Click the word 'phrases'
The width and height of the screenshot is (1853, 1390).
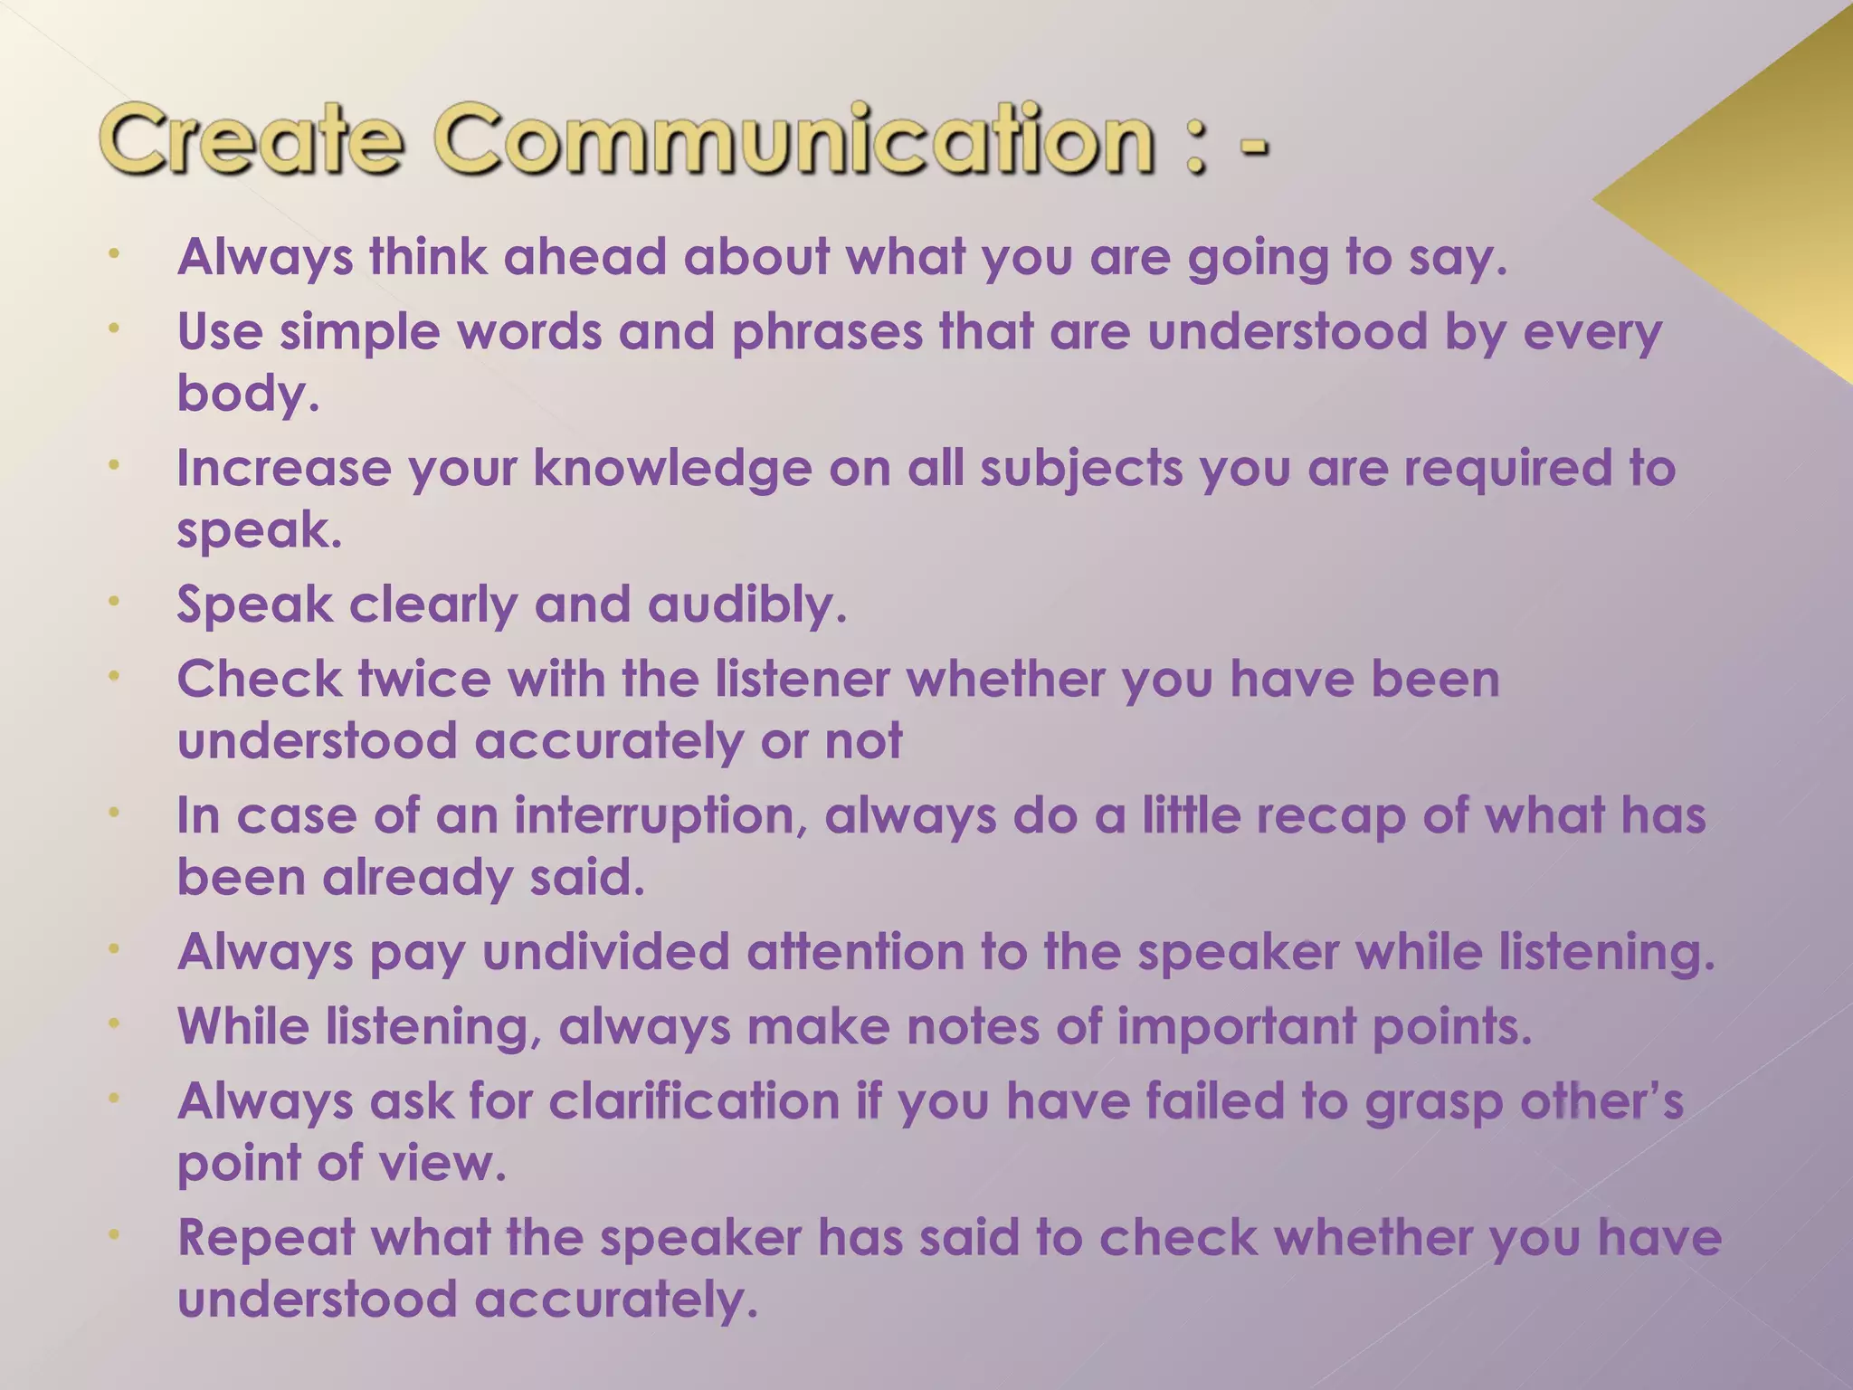tap(827, 332)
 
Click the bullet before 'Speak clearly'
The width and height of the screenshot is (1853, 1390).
tap(114, 601)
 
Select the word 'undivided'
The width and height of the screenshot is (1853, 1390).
tap(605, 953)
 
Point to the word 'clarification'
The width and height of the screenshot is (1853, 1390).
tap(694, 1102)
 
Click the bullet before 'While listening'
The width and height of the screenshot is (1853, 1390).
tap(114, 1023)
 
